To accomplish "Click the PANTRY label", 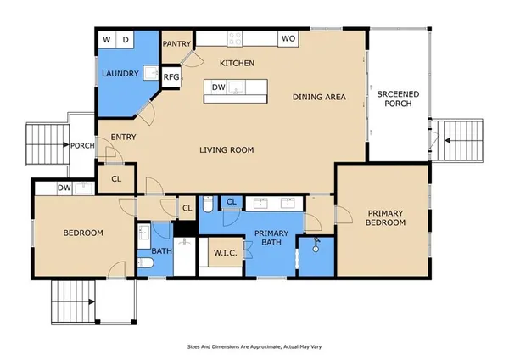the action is pos(176,43).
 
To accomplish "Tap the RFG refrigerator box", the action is pos(171,77).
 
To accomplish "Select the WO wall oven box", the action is pos(288,39).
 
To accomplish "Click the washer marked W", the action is pos(107,40).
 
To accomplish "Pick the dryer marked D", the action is pos(126,40).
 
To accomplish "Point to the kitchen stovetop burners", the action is pos(235,39).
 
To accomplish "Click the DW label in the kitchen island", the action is pos(219,87).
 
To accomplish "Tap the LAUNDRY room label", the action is pos(120,73).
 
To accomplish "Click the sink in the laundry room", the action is pos(151,72).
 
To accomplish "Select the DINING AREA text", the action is pos(319,97).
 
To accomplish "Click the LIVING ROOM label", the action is pos(227,149).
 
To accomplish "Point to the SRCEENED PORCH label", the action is pos(398,98).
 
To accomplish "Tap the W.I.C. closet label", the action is pos(226,253).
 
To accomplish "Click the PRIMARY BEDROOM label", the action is pos(385,217).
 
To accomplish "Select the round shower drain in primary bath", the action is pos(316,250).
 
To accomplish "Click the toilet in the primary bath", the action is pos(208,205).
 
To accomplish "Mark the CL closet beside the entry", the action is pos(116,178).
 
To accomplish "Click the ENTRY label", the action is pos(123,137).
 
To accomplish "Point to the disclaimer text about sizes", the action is pos(255,346).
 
